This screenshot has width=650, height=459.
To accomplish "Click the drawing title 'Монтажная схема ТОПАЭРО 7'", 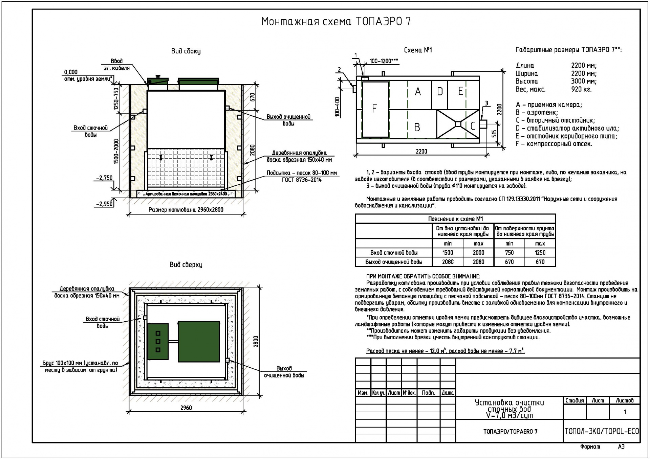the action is coord(336,21).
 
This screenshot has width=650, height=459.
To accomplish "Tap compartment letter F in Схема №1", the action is coord(374,109).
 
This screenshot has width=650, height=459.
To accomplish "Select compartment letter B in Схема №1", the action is coord(417,127).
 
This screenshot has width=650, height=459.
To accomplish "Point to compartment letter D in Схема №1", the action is coord(440,91).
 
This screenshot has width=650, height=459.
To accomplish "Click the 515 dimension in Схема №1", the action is coord(495,133).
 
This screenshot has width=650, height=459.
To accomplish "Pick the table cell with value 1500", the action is coord(448,253).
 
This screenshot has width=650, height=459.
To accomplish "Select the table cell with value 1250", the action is coord(540,253).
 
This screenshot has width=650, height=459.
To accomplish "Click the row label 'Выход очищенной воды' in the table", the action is coord(394,262).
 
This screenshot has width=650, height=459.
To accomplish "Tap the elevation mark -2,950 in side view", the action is coord(104,204).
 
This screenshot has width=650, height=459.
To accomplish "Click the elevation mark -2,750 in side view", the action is coord(104,178).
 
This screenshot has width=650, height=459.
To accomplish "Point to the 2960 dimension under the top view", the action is coord(186,408).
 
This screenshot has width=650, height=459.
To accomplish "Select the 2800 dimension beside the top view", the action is coord(256,341).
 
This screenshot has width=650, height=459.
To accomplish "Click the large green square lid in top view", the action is coord(199,341).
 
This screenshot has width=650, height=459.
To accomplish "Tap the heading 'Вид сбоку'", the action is coord(186,51).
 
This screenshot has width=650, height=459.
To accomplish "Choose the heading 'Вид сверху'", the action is coord(186,265).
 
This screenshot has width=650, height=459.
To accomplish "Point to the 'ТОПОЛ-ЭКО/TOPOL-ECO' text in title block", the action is coord(602,431).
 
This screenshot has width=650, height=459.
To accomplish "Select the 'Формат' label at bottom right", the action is coord(590,446).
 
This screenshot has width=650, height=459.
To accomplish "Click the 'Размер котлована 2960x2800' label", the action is coord(186,210).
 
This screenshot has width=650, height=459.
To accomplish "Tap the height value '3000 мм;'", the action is coord(584,81).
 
